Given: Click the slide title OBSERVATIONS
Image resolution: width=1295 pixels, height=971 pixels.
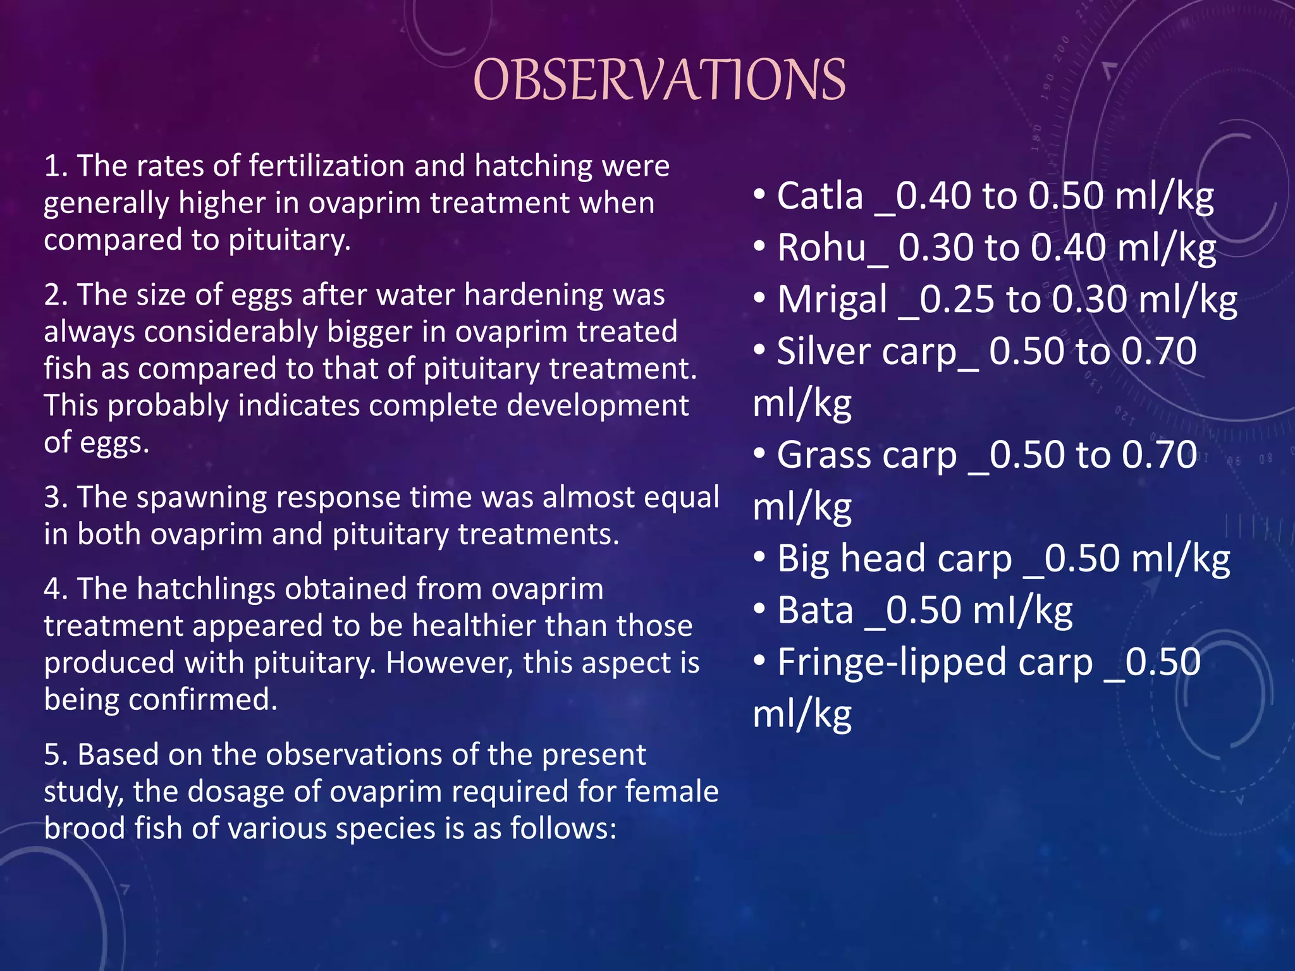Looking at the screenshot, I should tap(659, 80).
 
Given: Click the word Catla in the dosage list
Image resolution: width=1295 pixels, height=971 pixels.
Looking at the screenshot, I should tap(819, 196).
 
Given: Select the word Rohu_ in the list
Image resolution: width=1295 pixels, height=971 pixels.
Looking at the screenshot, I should tap(832, 248).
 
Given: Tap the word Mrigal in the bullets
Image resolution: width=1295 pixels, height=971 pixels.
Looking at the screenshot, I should tap(832, 300).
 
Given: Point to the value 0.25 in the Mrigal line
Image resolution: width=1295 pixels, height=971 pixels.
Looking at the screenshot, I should tap(956, 300).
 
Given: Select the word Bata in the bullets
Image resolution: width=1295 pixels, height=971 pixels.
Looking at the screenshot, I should tap(815, 611).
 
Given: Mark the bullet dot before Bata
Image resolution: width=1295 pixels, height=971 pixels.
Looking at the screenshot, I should tap(759, 608).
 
